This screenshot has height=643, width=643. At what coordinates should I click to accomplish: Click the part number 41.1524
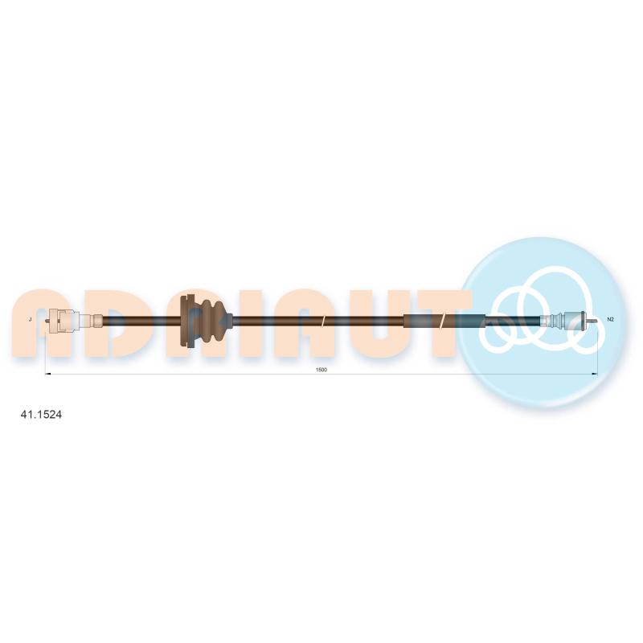[x=41, y=415]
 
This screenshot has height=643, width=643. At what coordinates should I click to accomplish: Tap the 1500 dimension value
[x=321, y=370]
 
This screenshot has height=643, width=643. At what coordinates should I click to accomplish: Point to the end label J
[x=31, y=319]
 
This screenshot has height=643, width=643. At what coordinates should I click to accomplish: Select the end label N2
[x=610, y=319]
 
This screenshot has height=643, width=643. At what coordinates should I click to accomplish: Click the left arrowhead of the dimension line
[x=47, y=374]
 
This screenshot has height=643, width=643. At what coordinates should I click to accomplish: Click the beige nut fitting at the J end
[x=63, y=320]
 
